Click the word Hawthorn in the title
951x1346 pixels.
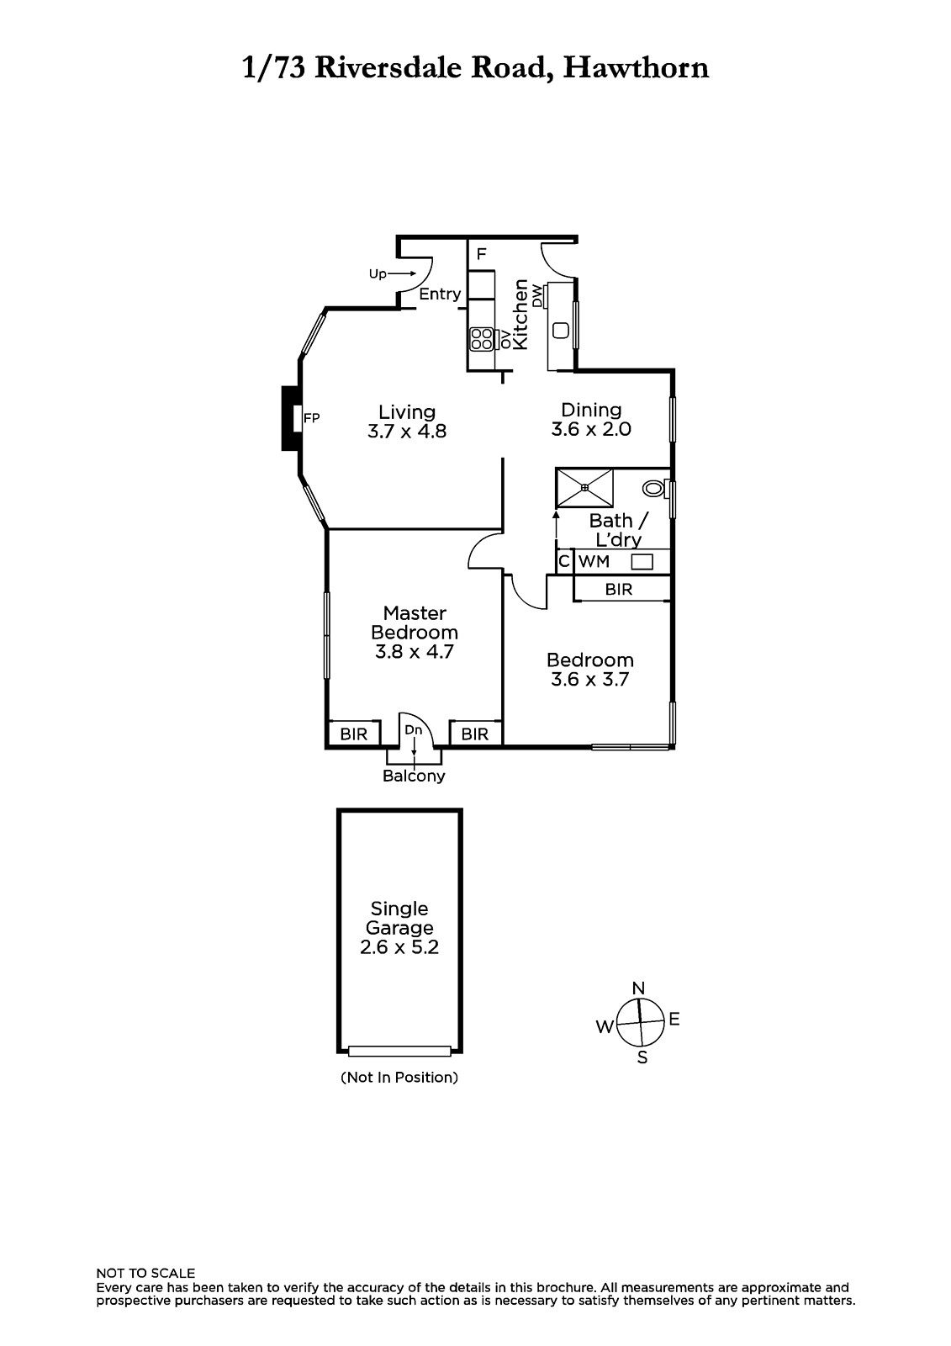(x=637, y=68)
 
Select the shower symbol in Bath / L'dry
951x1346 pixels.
(x=584, y=487)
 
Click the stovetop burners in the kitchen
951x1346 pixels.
(x=482, y=339)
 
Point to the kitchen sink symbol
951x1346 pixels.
(x=561, y=331)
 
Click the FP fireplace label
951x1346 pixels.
(x=311, y=418)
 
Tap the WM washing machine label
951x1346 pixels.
(x=594, y=561)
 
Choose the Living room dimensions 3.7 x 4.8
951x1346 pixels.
(x=407, y=432)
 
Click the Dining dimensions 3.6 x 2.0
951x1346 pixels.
(x=591, y=429)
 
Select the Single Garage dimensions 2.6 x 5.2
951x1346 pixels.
(x=399, y=947)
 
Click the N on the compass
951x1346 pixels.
(x=638, y=988)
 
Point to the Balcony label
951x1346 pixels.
(x=414, y=776)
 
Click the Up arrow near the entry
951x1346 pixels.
(x=402, y=274)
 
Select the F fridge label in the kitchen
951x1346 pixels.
(x=481, y=254)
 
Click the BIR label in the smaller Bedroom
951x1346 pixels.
(x=619, y=590)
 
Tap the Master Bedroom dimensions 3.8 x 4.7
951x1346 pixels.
(x=415, y=651)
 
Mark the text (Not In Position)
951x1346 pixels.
(x=399, y=1078)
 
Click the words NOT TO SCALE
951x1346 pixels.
(x=145, y=1273)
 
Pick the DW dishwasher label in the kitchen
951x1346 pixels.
(x=537, y=295)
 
